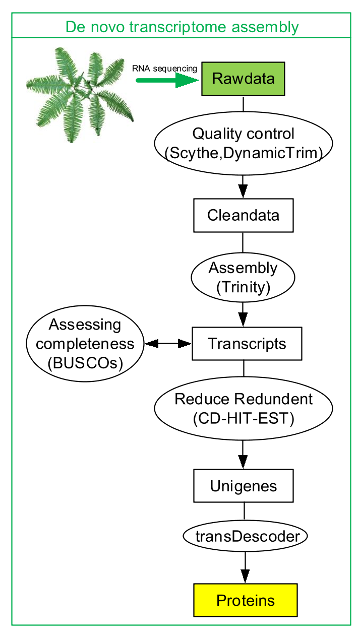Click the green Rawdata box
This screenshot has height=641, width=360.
click(x=243, y=79)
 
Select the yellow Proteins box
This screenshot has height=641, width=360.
click(x=246, y=600)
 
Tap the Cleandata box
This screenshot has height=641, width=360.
click(x=244, y=215)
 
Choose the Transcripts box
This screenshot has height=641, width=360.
click(x=247, y=343)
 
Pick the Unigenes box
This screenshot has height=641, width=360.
click(x=244, y=486)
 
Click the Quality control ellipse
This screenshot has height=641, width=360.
click(x=244, y=143)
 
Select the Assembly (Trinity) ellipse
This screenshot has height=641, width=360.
click(x=243, y=277)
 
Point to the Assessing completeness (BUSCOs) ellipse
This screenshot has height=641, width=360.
click(x=85, y=343)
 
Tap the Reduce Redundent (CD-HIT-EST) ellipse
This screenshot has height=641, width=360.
click(x=244, y=408)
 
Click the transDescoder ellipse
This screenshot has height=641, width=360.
click(x=245, y=536)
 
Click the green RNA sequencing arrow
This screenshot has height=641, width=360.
click(x=167, y=80)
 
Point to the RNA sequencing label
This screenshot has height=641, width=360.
click(x=164, y=69)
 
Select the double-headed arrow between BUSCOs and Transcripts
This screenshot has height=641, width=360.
click(x=168, y=343)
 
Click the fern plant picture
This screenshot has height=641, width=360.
click(x=80, y=94)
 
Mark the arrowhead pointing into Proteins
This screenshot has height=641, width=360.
click(x=245, y=576)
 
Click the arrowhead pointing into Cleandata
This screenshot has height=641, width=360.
click(x=243, y=191)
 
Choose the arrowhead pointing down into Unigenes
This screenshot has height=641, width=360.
click(x=243, y=462)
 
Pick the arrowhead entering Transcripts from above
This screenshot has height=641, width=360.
click(x=243, y=319)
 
